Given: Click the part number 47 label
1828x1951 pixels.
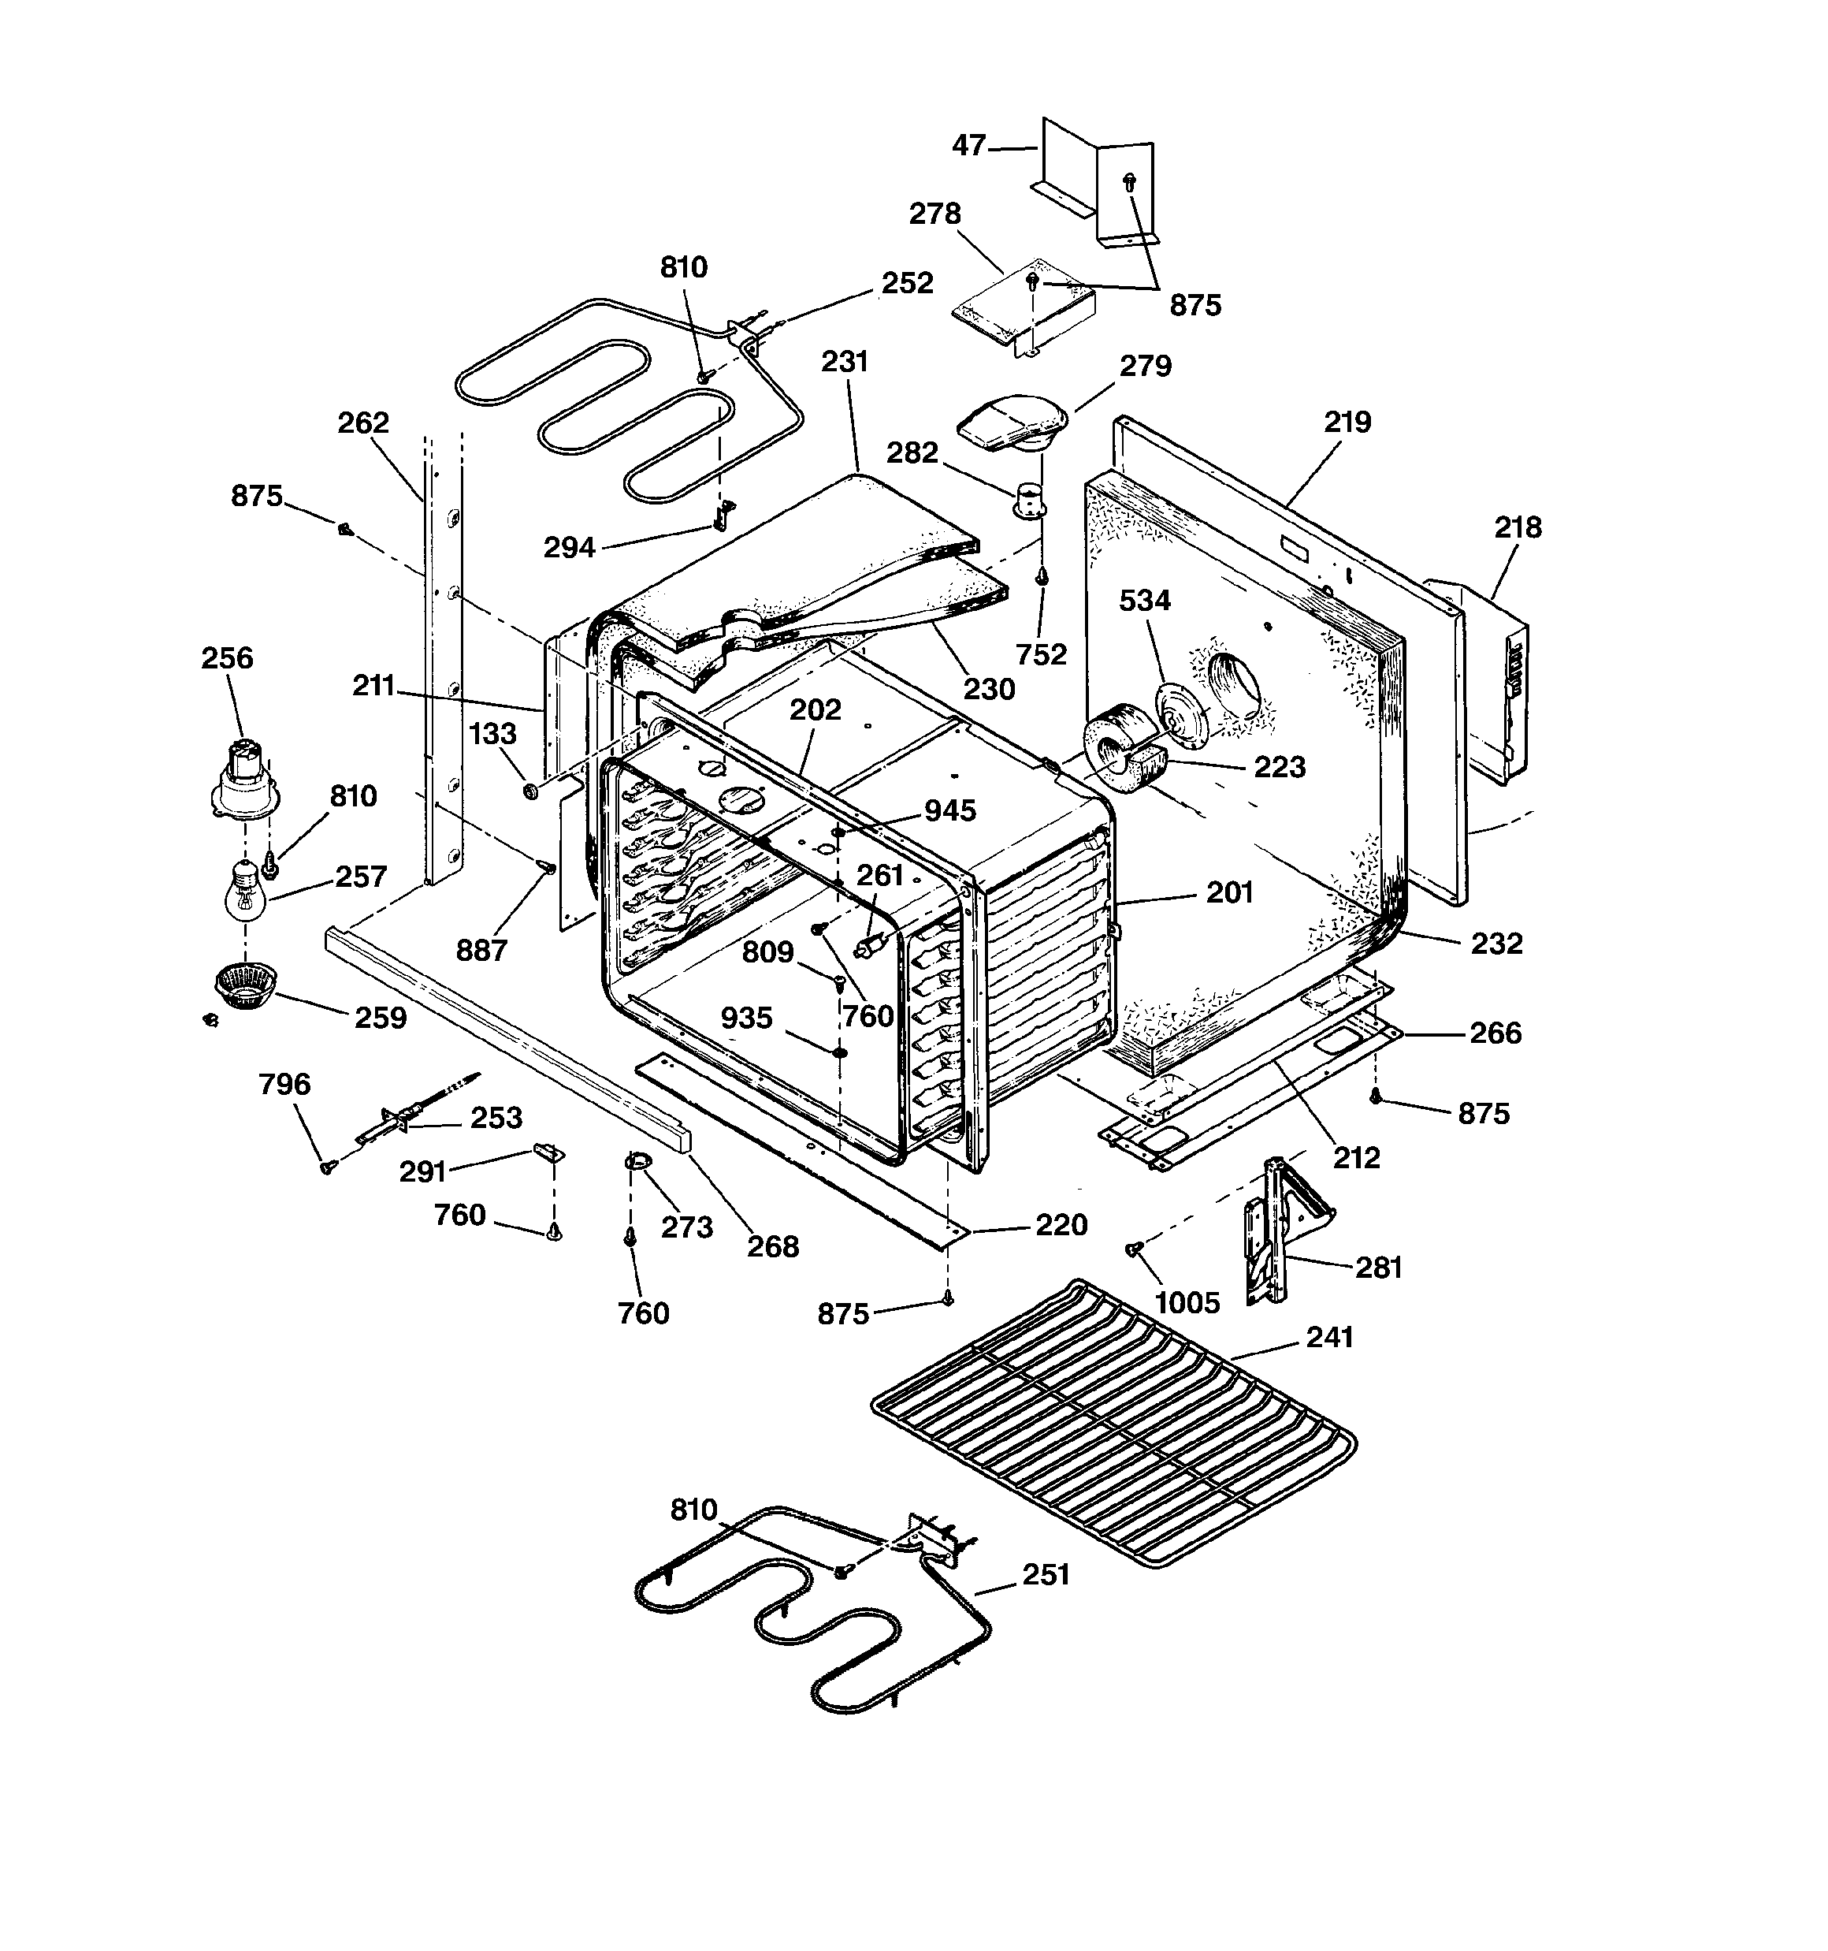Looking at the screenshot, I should point(968,145).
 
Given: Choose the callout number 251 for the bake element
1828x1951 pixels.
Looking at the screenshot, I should point(1045,1575).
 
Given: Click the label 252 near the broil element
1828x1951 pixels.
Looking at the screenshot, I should point(907,283).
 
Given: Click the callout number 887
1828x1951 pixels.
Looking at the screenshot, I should point(481,950).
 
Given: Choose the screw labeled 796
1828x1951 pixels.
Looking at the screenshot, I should point(327,1166).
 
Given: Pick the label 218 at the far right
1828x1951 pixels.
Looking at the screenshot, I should point(1517,528).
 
